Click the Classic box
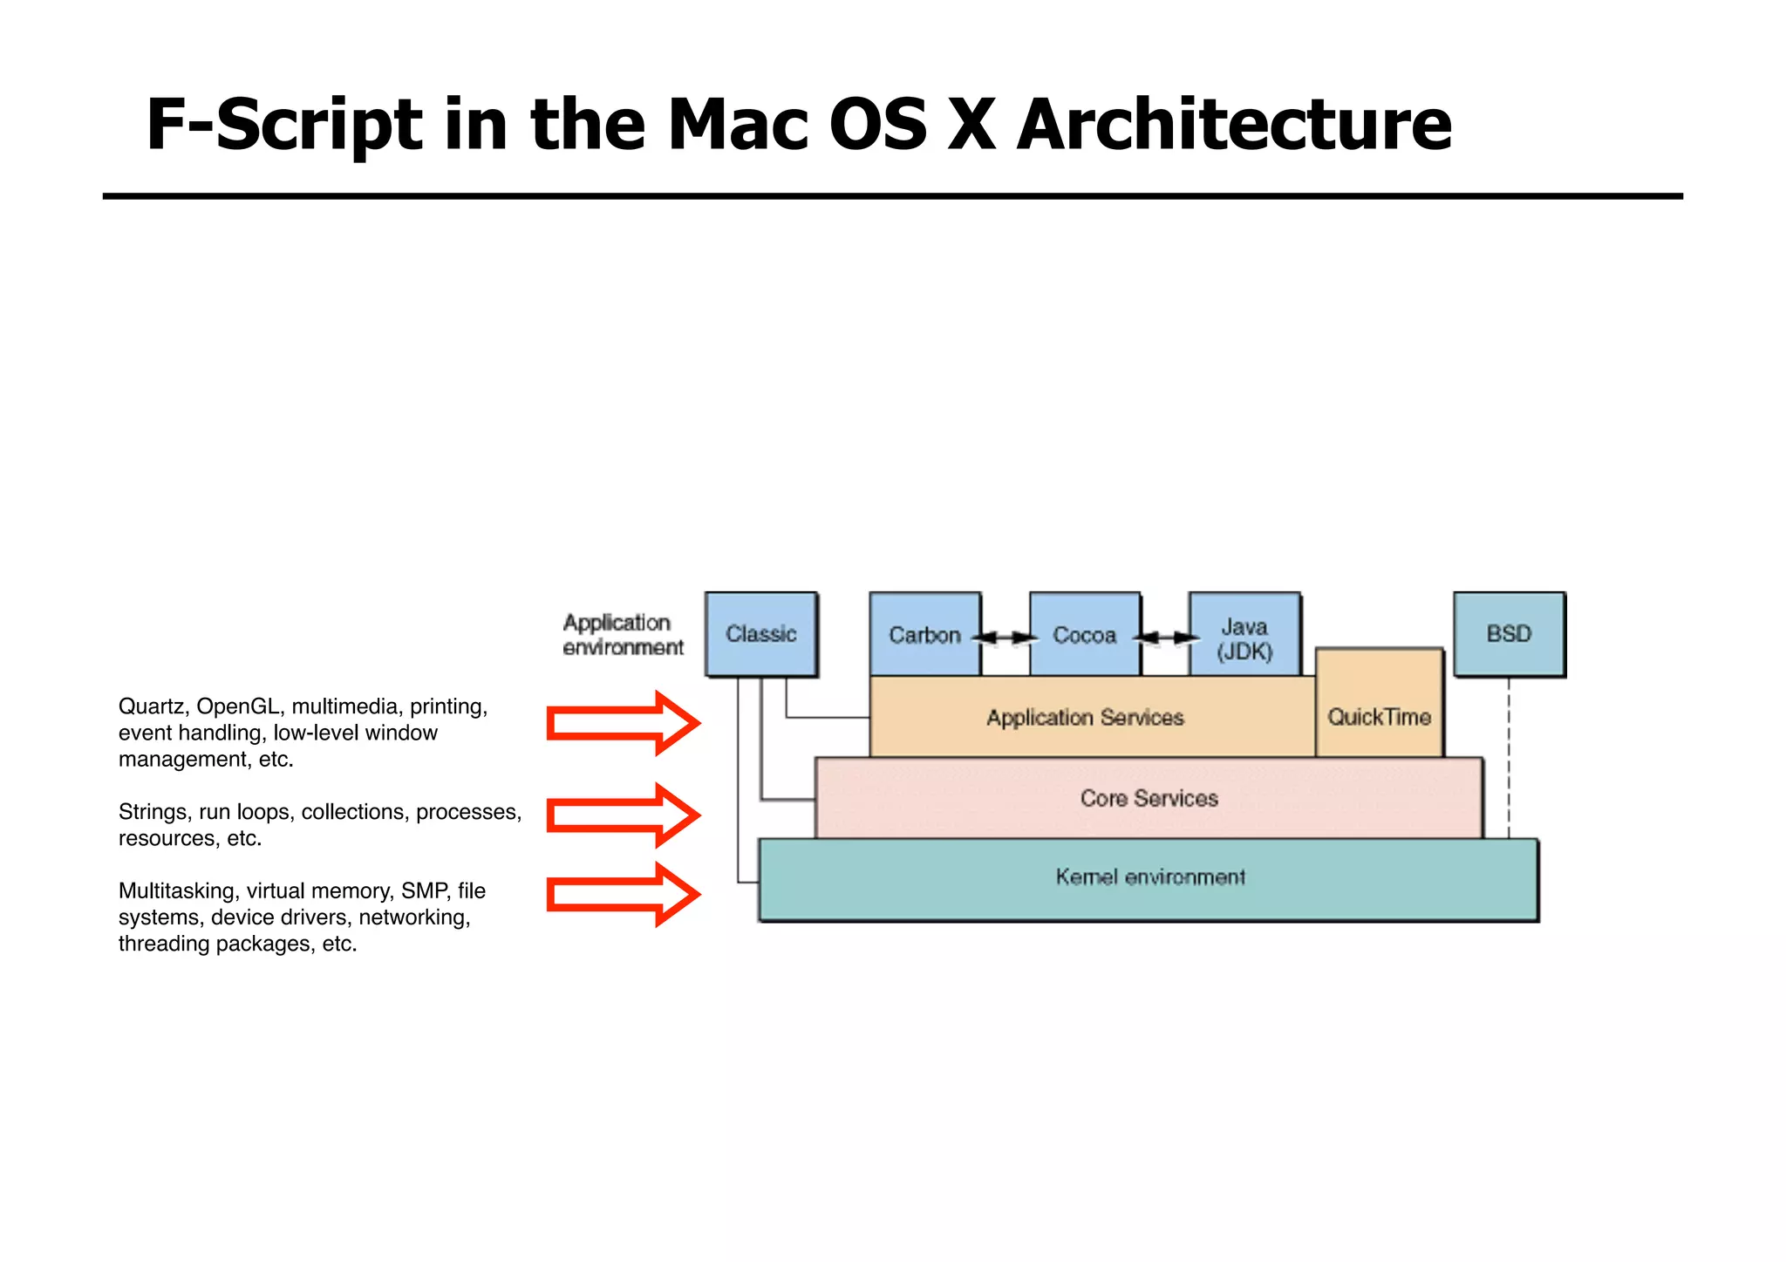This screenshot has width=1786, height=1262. [761, 634]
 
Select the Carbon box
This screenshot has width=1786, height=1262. [924, 635]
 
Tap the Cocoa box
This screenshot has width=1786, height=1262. [1084, 635]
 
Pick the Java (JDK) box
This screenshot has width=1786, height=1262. [1244, 638]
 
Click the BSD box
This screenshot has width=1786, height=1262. [1509, 634]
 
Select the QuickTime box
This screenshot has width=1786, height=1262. [1379, 717]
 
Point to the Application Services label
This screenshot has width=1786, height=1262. [1085, 718]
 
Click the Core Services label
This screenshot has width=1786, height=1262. [1149, 798]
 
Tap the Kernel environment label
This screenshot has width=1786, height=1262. [1149, 877]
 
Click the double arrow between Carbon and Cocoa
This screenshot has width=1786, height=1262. [1005, 638]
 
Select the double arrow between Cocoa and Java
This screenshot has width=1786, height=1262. [1165, 638]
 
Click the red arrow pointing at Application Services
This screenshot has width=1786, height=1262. [622, 723]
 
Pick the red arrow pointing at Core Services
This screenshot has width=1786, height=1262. [622, 815]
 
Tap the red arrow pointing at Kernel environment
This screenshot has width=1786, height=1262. [622, 894]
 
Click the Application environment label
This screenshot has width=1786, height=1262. [622, 635]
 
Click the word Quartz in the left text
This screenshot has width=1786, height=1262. [151, 706]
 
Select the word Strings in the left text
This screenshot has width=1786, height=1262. [153, 812]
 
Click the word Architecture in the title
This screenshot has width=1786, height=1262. [1233, 125]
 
